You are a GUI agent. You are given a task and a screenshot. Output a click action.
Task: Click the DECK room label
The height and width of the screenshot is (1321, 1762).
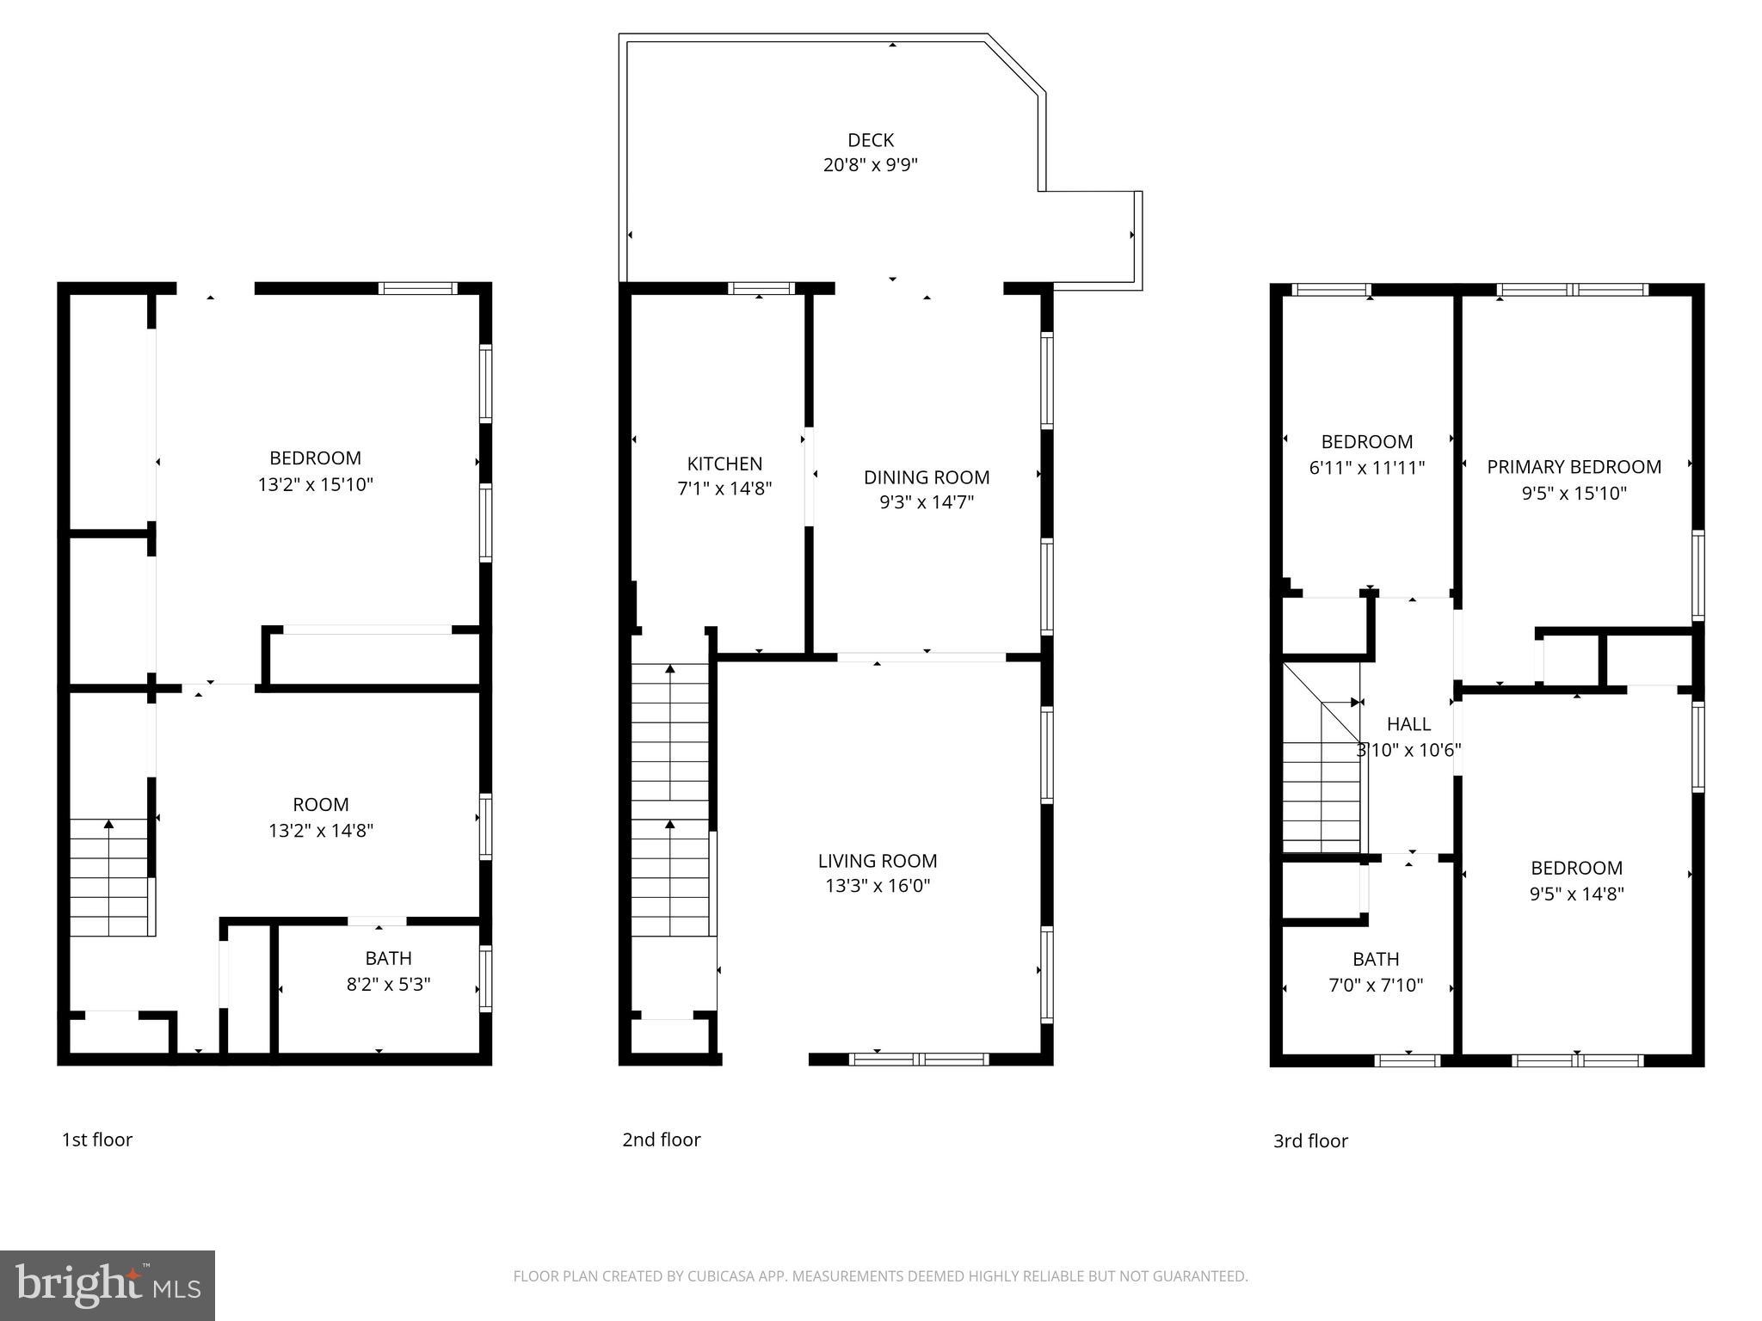[871, 139]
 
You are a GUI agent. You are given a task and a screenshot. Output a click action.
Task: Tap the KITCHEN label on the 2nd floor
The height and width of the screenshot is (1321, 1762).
[724, 464]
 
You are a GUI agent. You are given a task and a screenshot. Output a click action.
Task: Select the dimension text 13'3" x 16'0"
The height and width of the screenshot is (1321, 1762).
[878, 886]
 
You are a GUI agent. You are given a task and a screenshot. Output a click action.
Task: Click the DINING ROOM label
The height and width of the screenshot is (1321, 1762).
[927, 477]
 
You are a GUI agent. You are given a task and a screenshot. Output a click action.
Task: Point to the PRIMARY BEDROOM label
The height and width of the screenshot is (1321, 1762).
[1574, 467]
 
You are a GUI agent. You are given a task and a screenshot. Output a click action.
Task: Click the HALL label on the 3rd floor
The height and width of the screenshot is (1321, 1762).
[1408, 724]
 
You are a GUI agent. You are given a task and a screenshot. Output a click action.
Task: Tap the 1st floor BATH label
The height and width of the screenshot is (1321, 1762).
[388, 958]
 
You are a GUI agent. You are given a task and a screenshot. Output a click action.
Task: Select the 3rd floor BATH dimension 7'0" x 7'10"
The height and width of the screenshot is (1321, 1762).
[1376, 986]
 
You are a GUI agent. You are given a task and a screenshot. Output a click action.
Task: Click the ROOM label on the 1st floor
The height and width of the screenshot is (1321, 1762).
[321, 805]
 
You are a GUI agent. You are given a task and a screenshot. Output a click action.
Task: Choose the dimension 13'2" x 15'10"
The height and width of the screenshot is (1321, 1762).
[315, 485]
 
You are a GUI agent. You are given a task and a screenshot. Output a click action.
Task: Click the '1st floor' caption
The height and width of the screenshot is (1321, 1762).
[97, 1140]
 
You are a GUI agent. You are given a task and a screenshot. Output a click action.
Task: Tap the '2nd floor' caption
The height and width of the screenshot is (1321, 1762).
[662, 1140]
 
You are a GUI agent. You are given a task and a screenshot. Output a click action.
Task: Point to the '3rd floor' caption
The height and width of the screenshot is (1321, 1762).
[1310, 1140]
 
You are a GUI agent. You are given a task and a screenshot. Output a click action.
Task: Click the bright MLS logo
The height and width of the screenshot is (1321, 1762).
[107, 1285]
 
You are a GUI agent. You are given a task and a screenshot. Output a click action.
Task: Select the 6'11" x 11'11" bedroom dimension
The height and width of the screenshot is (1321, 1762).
[1367, 468]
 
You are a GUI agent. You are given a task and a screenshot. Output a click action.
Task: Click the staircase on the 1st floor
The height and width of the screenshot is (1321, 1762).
[109, 877]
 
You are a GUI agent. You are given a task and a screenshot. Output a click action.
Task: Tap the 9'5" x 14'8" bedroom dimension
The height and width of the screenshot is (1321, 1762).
[1576, 894]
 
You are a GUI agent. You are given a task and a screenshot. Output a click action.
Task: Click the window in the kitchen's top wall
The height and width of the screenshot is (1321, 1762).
[761, 288]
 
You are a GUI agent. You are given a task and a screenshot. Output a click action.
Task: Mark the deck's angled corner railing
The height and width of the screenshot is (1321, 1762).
[1016, 63]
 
